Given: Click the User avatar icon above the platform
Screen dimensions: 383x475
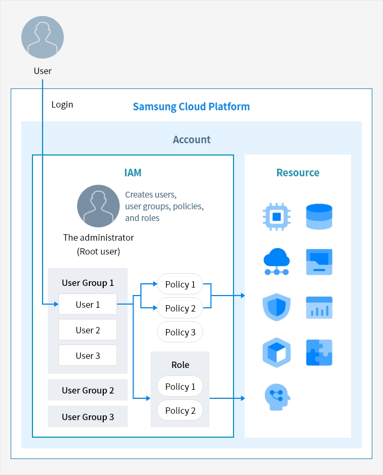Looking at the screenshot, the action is (43, 37).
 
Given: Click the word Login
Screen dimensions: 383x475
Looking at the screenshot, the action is (62, 104).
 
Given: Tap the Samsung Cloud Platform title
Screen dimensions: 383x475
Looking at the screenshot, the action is (191, 107).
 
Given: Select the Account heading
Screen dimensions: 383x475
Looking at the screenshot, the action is (191, 140).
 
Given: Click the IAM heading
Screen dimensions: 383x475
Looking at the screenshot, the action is (133, 173).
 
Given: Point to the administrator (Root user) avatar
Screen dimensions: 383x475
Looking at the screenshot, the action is (98, 206).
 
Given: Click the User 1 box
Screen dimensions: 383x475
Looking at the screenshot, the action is (88, 304).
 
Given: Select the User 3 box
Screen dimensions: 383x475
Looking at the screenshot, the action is (88, 355).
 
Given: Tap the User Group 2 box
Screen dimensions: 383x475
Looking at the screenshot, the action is (88, 390).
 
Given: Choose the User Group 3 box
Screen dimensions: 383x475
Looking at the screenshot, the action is (88, 416).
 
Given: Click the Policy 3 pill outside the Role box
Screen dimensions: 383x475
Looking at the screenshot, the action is (180, 332).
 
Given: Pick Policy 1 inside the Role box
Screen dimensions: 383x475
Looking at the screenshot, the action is (180, 386).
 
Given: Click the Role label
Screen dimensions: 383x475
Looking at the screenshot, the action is (180, 365).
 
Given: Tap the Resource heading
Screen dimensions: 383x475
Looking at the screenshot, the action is (298, 173).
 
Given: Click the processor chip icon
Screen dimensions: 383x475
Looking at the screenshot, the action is (277, 217).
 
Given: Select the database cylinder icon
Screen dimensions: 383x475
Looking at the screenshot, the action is (319, 217).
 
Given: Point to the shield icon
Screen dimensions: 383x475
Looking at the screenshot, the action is (277, 307).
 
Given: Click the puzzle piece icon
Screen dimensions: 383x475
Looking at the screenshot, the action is (319, 353).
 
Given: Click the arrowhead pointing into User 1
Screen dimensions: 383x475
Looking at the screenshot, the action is (56, 304).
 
